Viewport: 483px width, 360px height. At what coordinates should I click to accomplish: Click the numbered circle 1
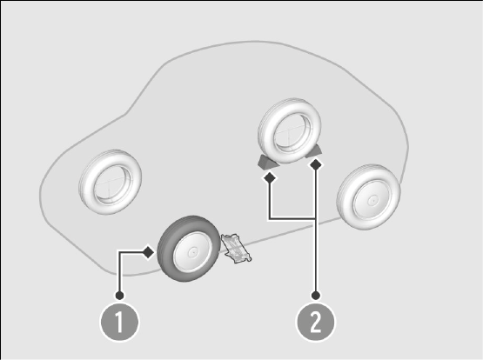click(119, 322)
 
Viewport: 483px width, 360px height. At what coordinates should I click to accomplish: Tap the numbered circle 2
click(315, 322)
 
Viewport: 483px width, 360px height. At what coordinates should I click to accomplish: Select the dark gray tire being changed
click(189, 249)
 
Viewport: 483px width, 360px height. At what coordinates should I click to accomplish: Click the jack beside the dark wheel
click(236, 249)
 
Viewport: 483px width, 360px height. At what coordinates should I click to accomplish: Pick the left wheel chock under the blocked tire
click(267, 162)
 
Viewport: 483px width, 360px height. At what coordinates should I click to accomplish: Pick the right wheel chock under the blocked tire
click(314, 151)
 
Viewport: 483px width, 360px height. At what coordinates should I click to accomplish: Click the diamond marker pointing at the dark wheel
click(149, 252)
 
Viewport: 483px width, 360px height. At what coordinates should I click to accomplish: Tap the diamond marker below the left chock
click(270, 177)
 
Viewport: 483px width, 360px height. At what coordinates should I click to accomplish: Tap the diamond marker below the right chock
click(316, 164)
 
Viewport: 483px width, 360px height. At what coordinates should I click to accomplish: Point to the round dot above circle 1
click(119, 296)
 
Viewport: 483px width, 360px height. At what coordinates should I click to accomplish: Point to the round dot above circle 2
click(315, 296)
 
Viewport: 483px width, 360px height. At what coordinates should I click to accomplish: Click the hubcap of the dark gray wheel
click(193, 252)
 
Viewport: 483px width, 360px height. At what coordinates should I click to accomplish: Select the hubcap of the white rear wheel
click(372, 200)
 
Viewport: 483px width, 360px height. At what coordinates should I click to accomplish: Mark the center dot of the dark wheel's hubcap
click(193, 252)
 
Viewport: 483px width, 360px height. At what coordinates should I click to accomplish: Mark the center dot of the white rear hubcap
click(372, 200)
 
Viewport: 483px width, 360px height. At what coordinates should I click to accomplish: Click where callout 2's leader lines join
click(315, 219)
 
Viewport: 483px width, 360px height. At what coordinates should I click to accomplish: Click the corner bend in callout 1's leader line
click(119, 252)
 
